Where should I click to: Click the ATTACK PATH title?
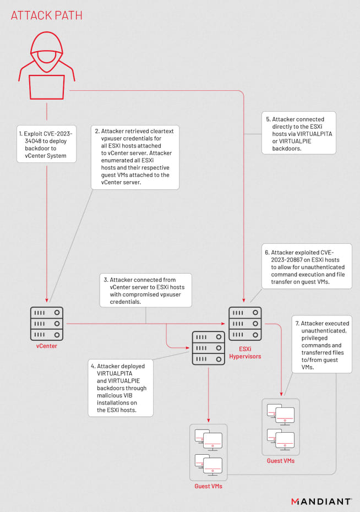(x=47, y=15)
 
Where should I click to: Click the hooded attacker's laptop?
(x=46, y=88)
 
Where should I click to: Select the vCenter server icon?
(x=47, y=324)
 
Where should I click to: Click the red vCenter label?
(x=47, y=346)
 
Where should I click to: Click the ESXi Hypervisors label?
(x=246, y=352)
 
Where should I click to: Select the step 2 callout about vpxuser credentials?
(x=135, y=157)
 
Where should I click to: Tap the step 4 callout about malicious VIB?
(x=120, y=388)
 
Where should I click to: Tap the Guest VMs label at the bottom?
(x=208, y=487)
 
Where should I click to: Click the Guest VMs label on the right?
(x=281, y=460)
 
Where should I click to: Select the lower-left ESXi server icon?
(x=209, y=347)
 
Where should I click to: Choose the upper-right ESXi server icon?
(x=246, y=324)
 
